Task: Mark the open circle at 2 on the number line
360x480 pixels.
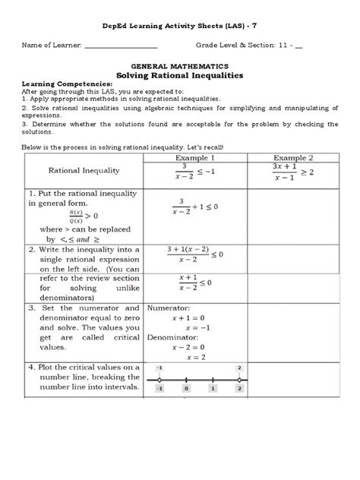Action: click(239, 377)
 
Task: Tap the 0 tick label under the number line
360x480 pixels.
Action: click(186, 387)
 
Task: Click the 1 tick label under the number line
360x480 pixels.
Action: click(213, 387)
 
